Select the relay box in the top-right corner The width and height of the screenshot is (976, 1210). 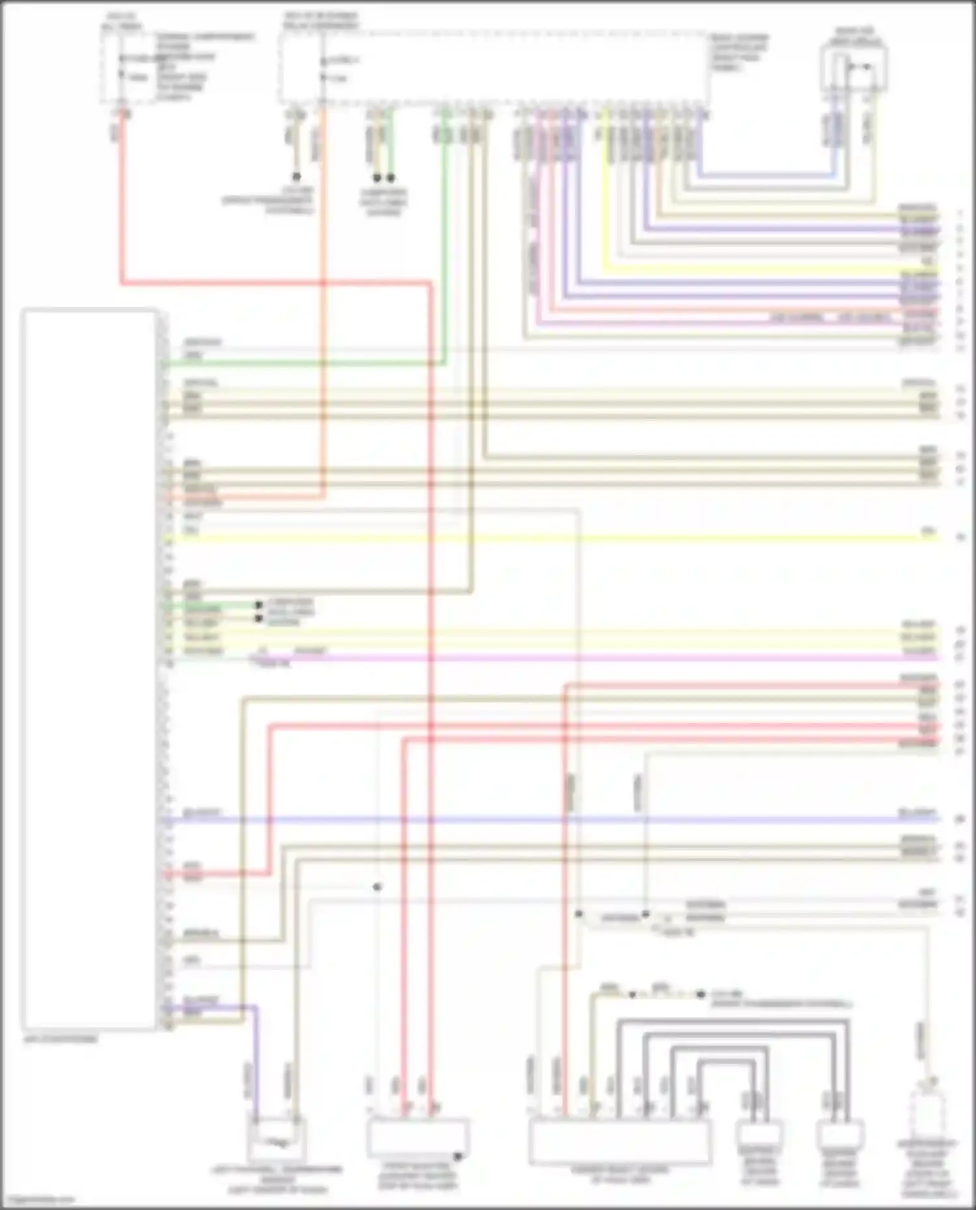pos(854,69)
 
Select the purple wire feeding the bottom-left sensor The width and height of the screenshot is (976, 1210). pos(255,1053)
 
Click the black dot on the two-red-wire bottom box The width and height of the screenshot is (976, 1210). pos(457,1156)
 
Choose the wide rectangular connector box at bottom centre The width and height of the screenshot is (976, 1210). pos(619,1141)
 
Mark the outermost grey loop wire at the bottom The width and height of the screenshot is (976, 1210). pos(732,1022)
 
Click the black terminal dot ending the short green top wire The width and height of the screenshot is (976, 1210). pos(390,177)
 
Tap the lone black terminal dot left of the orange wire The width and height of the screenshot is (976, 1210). pos(296,177)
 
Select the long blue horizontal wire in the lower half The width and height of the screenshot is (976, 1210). pos(553,819)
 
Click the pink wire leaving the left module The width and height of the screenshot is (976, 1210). pos(586,658)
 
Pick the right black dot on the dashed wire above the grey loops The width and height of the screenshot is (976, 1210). pos(700,995)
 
